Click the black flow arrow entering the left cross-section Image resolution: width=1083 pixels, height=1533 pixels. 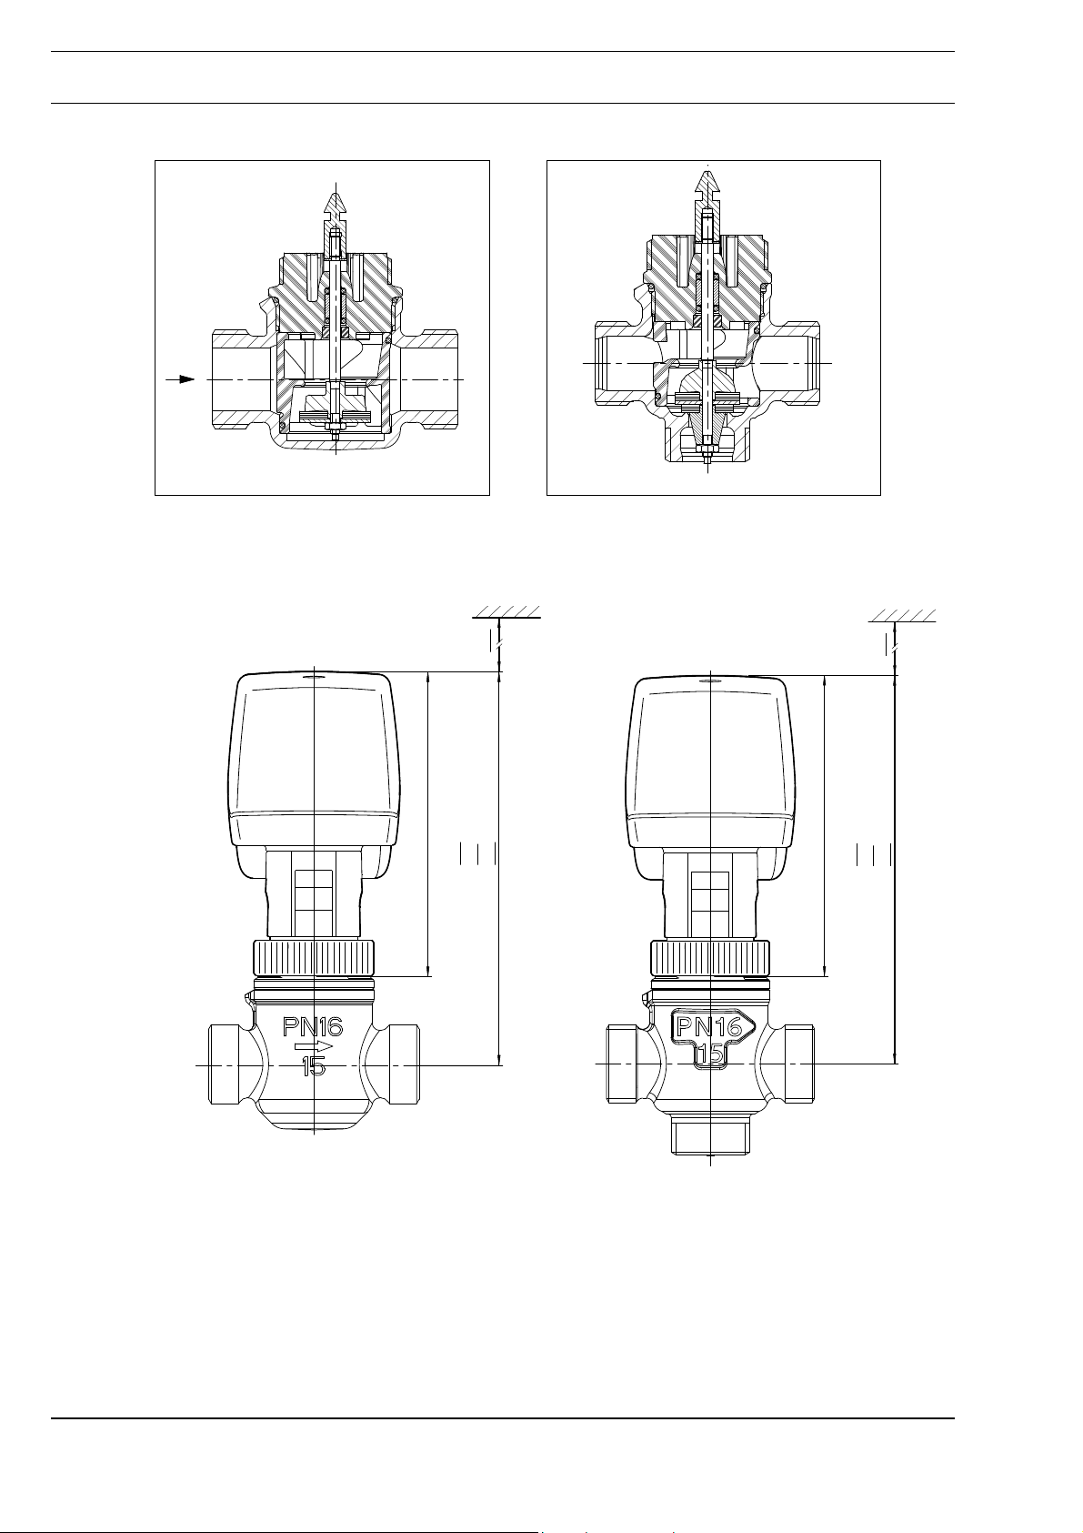coord(181,379)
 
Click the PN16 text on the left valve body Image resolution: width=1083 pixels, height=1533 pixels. coord(312,1026)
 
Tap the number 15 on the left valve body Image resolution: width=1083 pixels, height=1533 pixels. coord(314,1065)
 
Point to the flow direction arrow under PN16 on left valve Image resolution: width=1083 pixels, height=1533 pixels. coord(314,1046)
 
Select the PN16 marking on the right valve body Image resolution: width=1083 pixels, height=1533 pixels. coord(708,1026)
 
